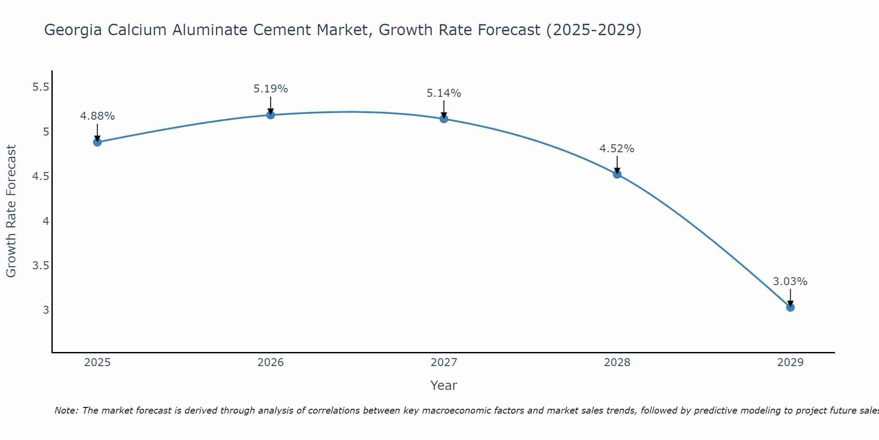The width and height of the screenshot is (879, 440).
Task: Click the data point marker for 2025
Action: point(98,142)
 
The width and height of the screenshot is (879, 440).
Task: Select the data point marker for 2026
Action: point(271,115)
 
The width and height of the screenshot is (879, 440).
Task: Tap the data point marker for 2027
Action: point(444,119)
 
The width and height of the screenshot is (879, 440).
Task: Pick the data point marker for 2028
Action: point(617,174)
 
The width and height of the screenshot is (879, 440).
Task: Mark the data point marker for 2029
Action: point(790,307)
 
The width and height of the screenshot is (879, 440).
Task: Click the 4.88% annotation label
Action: point(98,116)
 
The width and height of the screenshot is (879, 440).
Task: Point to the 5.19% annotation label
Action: point(271,89)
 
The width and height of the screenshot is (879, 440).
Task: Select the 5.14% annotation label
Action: point(444,93)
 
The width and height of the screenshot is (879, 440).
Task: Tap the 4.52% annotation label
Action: point(617,149)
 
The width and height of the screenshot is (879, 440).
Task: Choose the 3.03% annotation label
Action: point(790,282)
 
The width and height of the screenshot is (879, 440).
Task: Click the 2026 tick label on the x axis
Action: point(271,363)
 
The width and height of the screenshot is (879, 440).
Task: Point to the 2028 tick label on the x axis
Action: point(617,363)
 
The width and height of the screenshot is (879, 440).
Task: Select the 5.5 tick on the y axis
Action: point(40,87)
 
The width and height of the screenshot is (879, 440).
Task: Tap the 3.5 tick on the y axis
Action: point(40,266)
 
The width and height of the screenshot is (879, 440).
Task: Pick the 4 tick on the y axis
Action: point(46,221)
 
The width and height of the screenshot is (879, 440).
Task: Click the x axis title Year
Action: point(444,385)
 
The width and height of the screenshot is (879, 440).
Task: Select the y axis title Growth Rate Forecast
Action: point(11,211)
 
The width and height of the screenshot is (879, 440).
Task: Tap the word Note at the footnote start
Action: point(66,411)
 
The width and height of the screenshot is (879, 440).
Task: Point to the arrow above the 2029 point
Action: point(790,297)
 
